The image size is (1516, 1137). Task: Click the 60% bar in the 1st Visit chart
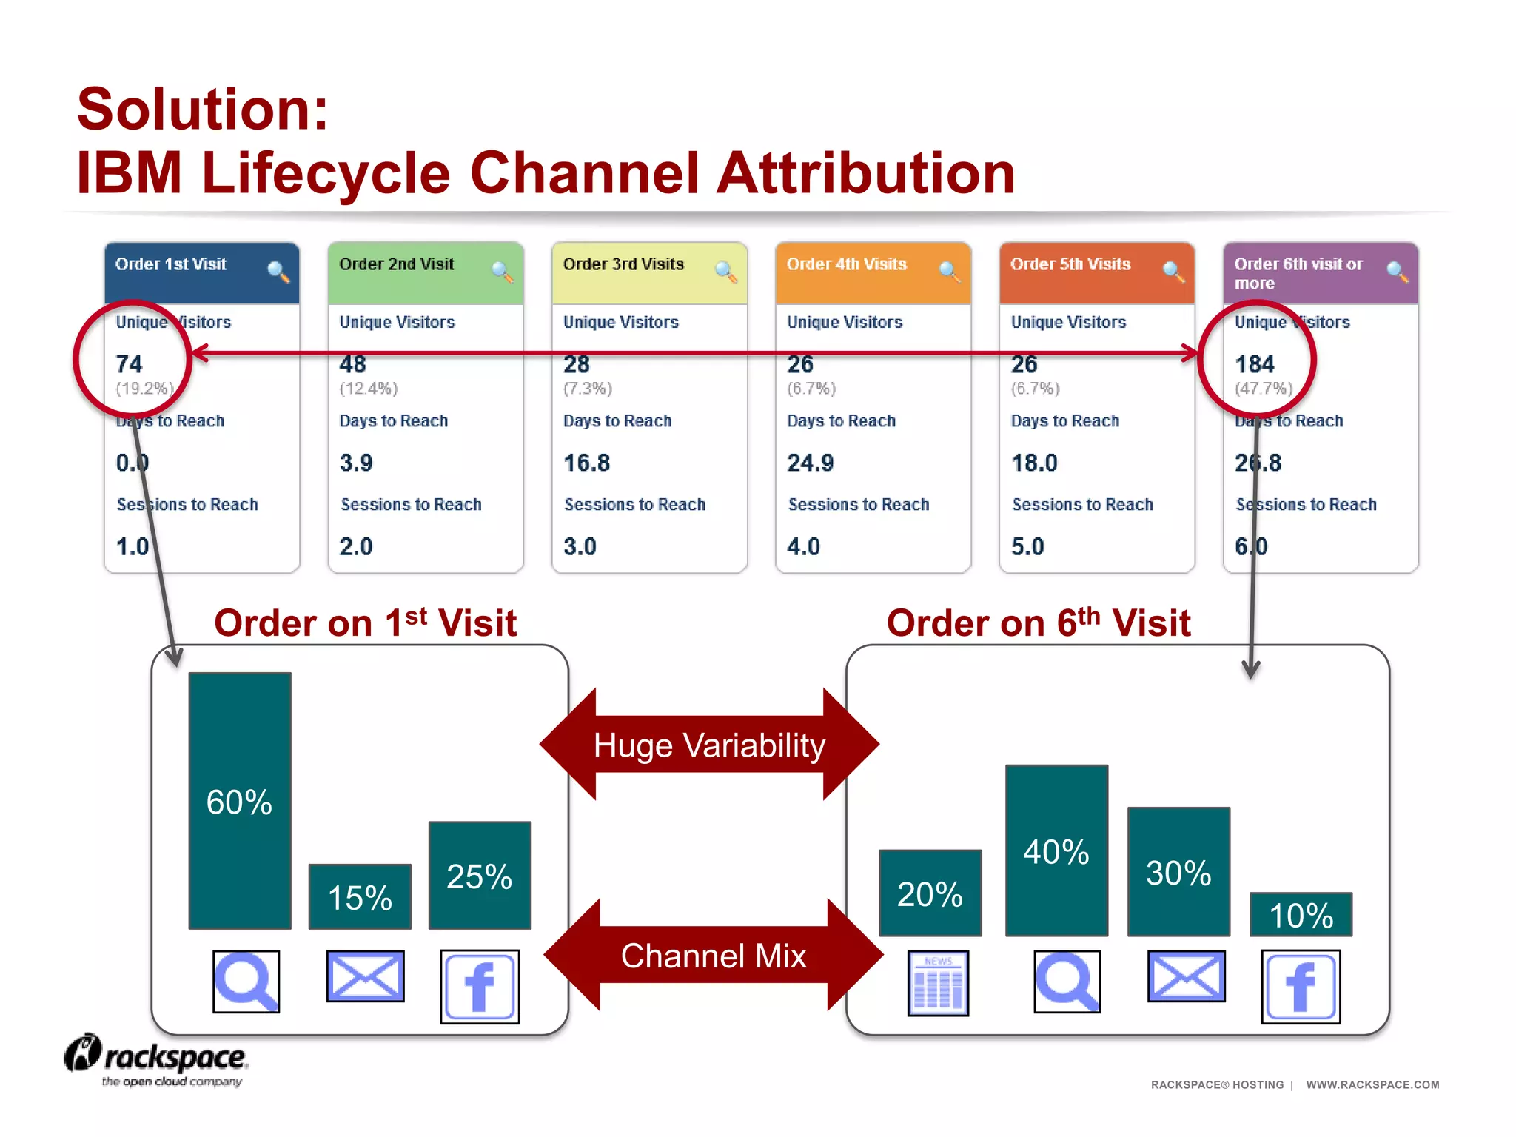tap(240, 800)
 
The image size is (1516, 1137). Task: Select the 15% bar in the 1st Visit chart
tap(360, 896)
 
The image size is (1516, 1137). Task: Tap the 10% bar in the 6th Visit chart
tap(1301, 914)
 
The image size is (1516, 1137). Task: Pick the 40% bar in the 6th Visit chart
tap(1056, 851)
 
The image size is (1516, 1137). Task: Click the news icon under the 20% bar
tap(938, 983)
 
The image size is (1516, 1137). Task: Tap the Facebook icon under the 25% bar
tap(480, 987)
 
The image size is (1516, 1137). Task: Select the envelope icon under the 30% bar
tap(1186, 976)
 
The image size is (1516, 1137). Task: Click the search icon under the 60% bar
tap(246, 982)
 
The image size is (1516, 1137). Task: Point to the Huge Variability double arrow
tap(709, 745)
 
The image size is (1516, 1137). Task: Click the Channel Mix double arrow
tap(713, 955)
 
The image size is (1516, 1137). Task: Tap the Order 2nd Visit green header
tap(425, 272)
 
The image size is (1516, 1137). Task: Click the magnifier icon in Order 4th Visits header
tap(948, 272)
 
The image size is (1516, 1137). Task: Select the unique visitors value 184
tap(1255, 364)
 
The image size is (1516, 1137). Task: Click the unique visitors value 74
tap(129, 364)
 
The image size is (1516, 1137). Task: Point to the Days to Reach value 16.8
tap(587, 463)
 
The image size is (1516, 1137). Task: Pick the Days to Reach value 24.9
tap(811, 463)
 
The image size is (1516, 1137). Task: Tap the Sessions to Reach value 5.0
tap(1027, 546)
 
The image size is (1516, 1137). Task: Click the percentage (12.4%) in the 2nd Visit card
tap(369, 389)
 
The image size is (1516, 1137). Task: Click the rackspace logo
tap(157, 1060)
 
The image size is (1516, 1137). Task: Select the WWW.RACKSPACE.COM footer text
tap(1372, 1084)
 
